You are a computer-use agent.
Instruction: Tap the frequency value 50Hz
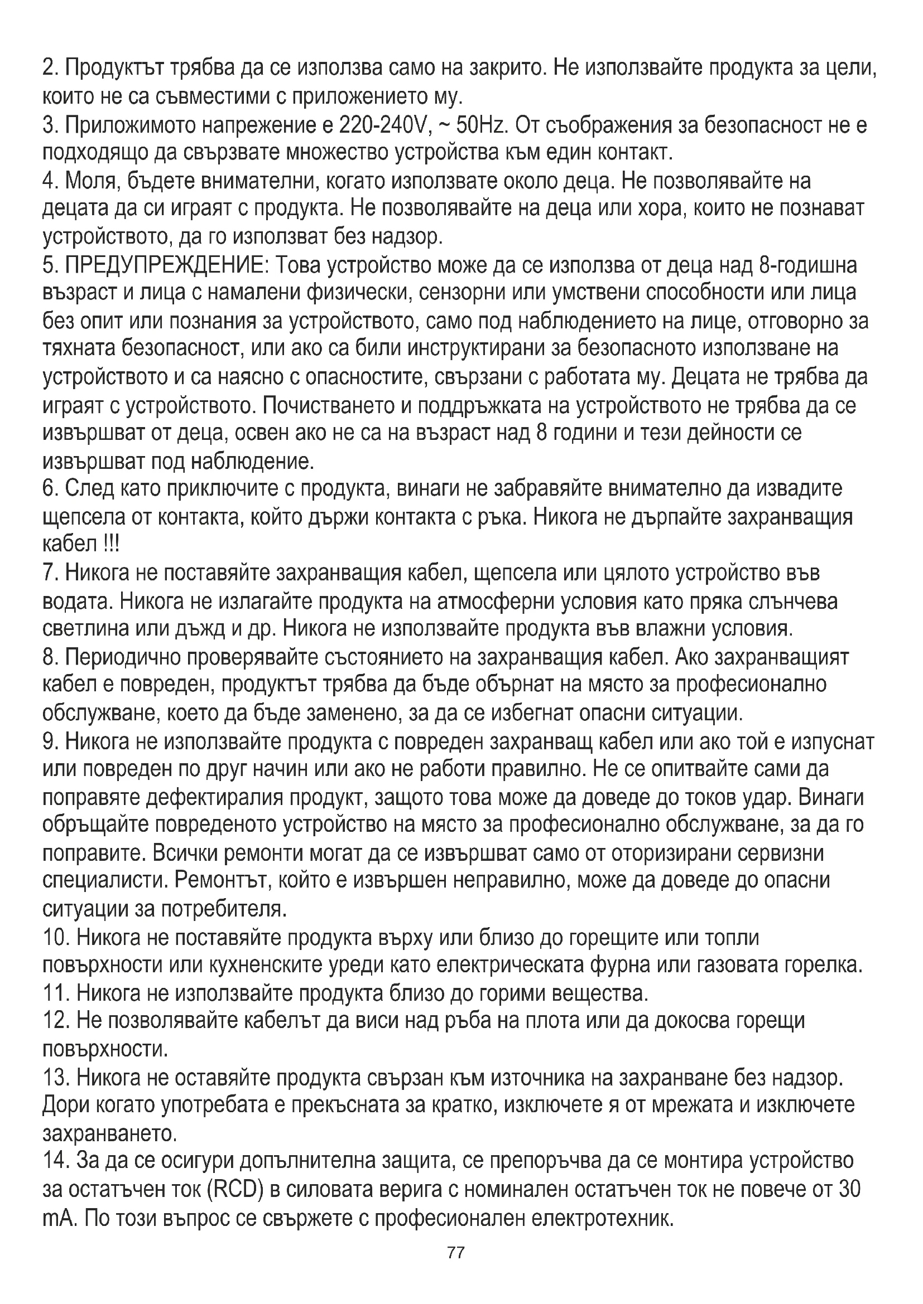pos(481,125)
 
